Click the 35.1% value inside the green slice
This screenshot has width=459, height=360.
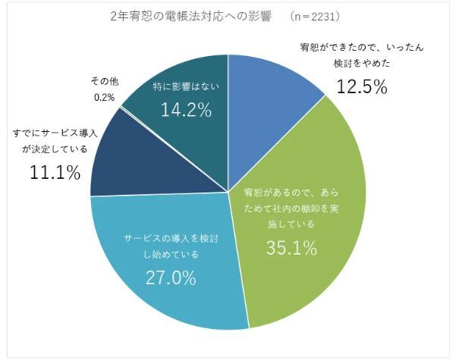(291, 249)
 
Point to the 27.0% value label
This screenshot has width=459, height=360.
(170, 277)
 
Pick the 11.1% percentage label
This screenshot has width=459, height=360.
(55, 173)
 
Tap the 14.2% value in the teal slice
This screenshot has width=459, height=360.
(185, 111)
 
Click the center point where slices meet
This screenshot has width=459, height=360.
(228, 191)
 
